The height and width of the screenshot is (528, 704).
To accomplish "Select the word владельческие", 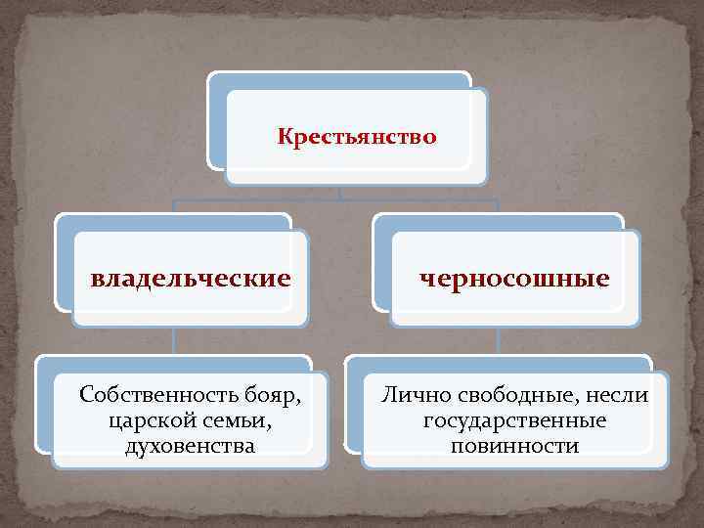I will click(x=191, y=279).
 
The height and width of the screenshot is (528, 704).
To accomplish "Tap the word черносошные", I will click(x=514, y=279).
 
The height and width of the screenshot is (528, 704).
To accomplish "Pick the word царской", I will click(x=150, y=421).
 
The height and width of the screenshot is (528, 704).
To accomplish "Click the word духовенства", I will click(x=191, y=447).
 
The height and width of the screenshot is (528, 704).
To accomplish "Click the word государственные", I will click(x=514, y=421).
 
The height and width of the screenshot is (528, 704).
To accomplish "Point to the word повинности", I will click(x=514, y=447).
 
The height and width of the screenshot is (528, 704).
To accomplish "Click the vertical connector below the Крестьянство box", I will click(x=338, y=193).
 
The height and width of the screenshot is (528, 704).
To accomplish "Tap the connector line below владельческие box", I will click(x=174, y=340).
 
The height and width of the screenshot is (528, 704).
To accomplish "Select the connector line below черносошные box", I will click(x=498, y=340).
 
